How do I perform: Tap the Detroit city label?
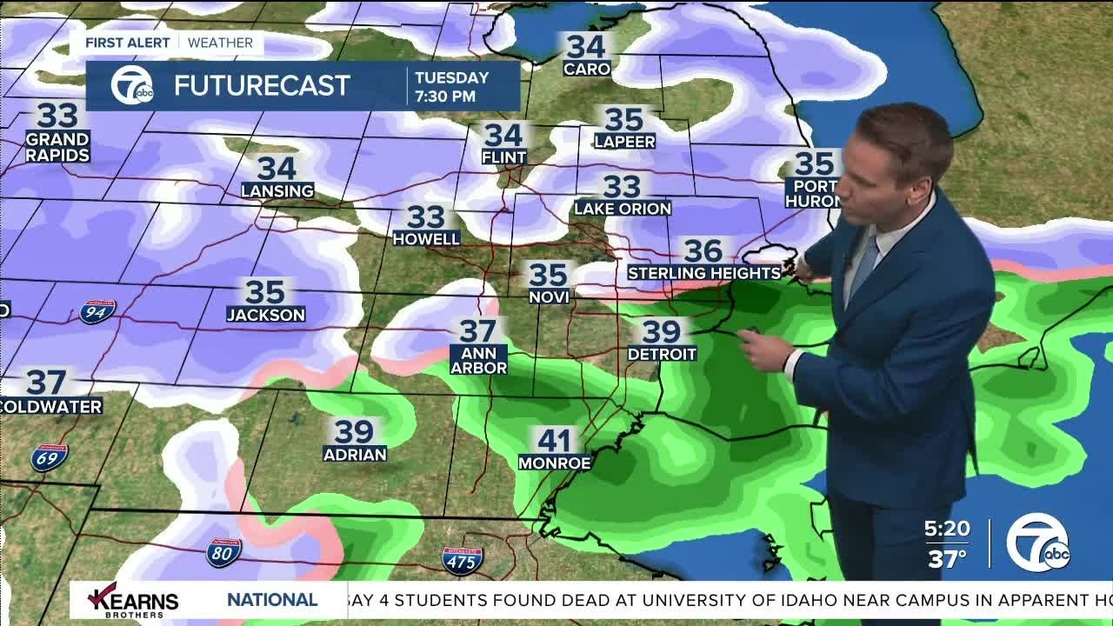tap(662, 354)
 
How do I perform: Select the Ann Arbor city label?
tap(478, 361)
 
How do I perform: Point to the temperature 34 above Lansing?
tap(277, 168)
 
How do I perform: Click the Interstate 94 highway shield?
tap(97, 311)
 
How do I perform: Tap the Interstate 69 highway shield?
tap(49, 457)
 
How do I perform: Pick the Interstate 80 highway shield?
tap(223, 553)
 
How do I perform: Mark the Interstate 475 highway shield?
tap(462, 562)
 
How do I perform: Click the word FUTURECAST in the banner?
tap(262, 85)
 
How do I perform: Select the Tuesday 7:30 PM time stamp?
tap(452, 87)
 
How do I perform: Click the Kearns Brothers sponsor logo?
tap(135, 600)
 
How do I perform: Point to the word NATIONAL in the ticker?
tap(272, 600)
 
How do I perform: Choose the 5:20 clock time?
tap(947, 529)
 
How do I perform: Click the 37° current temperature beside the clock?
tap(947, 558)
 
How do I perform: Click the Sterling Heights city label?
tap(704, 273)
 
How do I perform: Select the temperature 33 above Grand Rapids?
tap(57, 115)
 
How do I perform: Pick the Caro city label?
tap(587, 69)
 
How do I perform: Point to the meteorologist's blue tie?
tap(863, 265)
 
